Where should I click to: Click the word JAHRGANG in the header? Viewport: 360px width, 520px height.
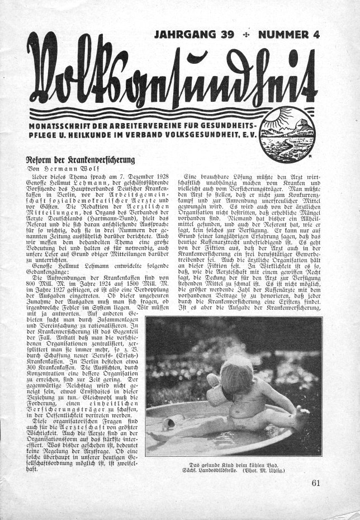pos(185,35)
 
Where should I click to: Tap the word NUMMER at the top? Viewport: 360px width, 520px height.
pos(286,35)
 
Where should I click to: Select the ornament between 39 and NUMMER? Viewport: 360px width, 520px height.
pos(247,36)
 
